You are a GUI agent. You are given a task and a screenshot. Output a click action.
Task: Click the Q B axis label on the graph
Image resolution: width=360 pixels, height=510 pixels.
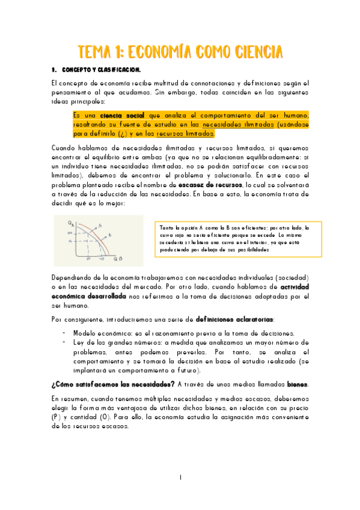pyautogui.click(x=118, y=259)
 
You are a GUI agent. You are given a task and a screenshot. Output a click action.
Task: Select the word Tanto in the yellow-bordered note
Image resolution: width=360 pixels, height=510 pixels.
pyautogui.click(x=166, y=228)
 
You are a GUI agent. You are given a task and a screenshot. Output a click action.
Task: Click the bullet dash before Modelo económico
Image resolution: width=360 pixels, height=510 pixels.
pyautogui.click(x=64, y=333)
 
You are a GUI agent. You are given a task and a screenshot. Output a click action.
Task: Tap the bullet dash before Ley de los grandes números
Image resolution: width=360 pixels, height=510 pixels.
pyautogui.click(x=64, y=342)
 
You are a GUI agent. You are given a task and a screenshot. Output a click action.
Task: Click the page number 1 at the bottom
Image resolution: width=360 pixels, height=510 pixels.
pyautogui.click(x=180, y=477)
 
